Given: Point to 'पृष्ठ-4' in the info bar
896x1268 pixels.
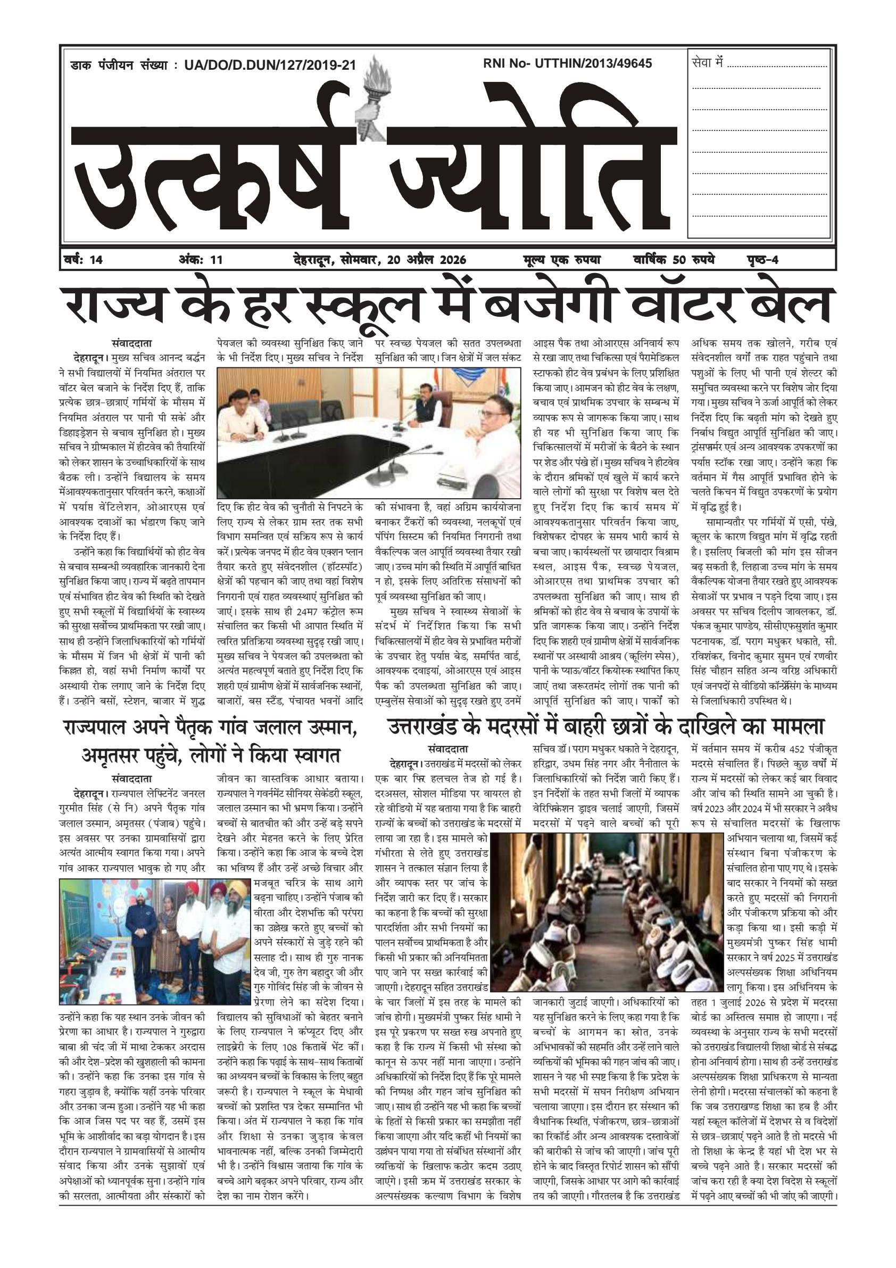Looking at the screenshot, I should [x=760, y=260].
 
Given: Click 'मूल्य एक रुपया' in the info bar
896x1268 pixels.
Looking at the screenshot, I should [x=562, y=260].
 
